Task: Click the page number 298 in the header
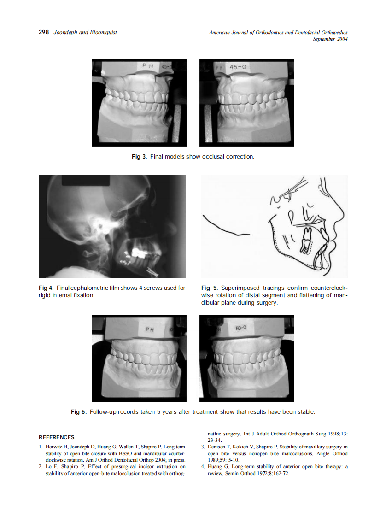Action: [x=44, y=33]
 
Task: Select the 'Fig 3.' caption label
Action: [x=140, y=157]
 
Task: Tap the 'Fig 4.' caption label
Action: [x=47, y=288]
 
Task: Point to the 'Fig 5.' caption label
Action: [x=210, y=288]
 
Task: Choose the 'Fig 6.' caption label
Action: [x=79, y=411]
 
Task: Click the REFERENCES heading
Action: [x=56, y=437]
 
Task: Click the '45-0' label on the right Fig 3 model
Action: [x=238, y=67]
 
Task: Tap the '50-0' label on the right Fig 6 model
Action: [x=242, y=328]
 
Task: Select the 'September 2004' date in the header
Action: [x=330, y=39]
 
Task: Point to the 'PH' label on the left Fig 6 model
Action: [x=150, y=329]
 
